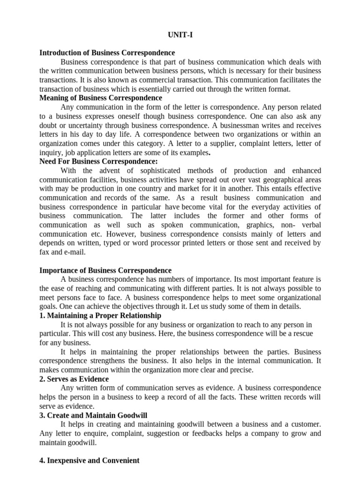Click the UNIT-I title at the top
[180, 35]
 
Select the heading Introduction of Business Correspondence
[107, 53]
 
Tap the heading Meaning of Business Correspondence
[101, 98]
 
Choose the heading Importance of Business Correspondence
[105, 270]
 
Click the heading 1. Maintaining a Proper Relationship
[100, 315]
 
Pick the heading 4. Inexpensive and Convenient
[90, 460]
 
